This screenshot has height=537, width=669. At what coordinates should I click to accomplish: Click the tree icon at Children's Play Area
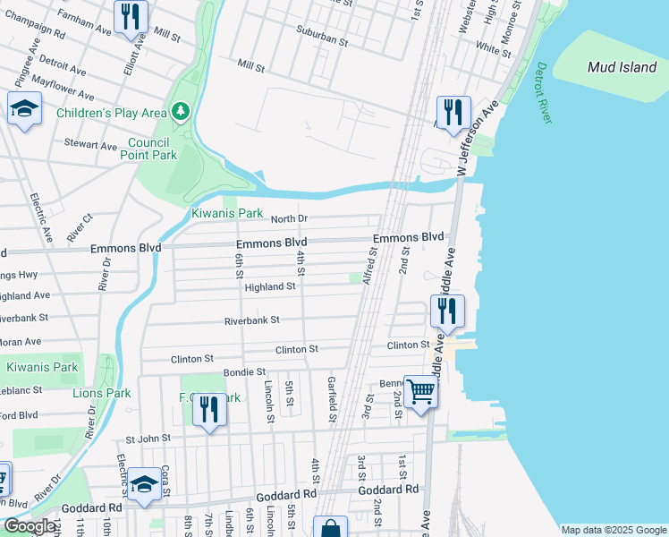click(x=182, y=111)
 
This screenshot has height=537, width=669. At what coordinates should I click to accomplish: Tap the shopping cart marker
click(x=420, y=391)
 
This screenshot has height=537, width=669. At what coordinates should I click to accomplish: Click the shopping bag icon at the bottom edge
click(x=330, y=527)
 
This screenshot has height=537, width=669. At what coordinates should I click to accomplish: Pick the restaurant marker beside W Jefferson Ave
click(x=453, y=112)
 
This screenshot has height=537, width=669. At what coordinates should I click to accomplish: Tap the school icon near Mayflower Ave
click(x=25, y=109)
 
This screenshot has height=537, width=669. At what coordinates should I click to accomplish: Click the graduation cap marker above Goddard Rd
click(x=143, y=484)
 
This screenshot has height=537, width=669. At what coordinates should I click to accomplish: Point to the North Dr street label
click(x=289, y=218)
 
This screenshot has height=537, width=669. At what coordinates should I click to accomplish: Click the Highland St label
click(x=270, y=286)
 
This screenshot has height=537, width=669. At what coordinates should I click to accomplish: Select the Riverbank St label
click(x=251, y=320)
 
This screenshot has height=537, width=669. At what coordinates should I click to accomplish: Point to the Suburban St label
click(x=323, y=39)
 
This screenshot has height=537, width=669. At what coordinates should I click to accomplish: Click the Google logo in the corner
click(x=30, y=525)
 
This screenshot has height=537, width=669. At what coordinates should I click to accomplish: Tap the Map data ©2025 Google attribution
click(x=614, y=530)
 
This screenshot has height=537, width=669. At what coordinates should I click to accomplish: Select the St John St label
click(x=148, y=439)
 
